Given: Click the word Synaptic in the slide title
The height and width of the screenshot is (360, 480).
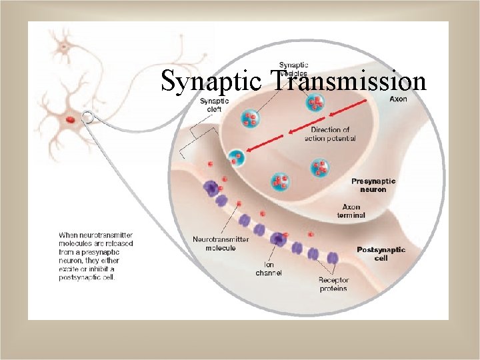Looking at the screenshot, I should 213,82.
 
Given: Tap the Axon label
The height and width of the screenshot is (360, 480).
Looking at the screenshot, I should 398,99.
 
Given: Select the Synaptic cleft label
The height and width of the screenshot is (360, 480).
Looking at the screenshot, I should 214,105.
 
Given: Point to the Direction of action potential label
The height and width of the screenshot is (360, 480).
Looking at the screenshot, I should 330,134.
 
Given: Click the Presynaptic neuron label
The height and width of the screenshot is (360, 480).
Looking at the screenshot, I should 373,185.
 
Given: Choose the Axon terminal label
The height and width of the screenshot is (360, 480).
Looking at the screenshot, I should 353,211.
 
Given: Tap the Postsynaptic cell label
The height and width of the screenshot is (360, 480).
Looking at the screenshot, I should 381,253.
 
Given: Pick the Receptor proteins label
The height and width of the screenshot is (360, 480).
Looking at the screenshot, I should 333,285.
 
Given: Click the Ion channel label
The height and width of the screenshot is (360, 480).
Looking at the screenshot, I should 269,269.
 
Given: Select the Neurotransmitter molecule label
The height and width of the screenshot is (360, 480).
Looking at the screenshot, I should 221,243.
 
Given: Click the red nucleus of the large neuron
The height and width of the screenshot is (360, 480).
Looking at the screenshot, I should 70,120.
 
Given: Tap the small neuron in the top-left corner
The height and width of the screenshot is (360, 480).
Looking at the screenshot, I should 65,45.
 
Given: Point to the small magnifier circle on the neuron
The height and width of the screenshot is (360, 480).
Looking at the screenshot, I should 87,118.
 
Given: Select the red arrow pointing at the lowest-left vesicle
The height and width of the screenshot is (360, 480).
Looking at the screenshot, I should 267,141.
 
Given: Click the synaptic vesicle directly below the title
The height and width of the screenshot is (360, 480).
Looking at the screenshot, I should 315,102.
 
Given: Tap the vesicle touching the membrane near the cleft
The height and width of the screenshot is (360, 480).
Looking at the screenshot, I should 235,158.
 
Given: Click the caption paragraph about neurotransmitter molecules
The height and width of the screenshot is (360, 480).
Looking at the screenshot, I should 96,256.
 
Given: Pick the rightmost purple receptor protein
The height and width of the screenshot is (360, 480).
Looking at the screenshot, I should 333,257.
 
